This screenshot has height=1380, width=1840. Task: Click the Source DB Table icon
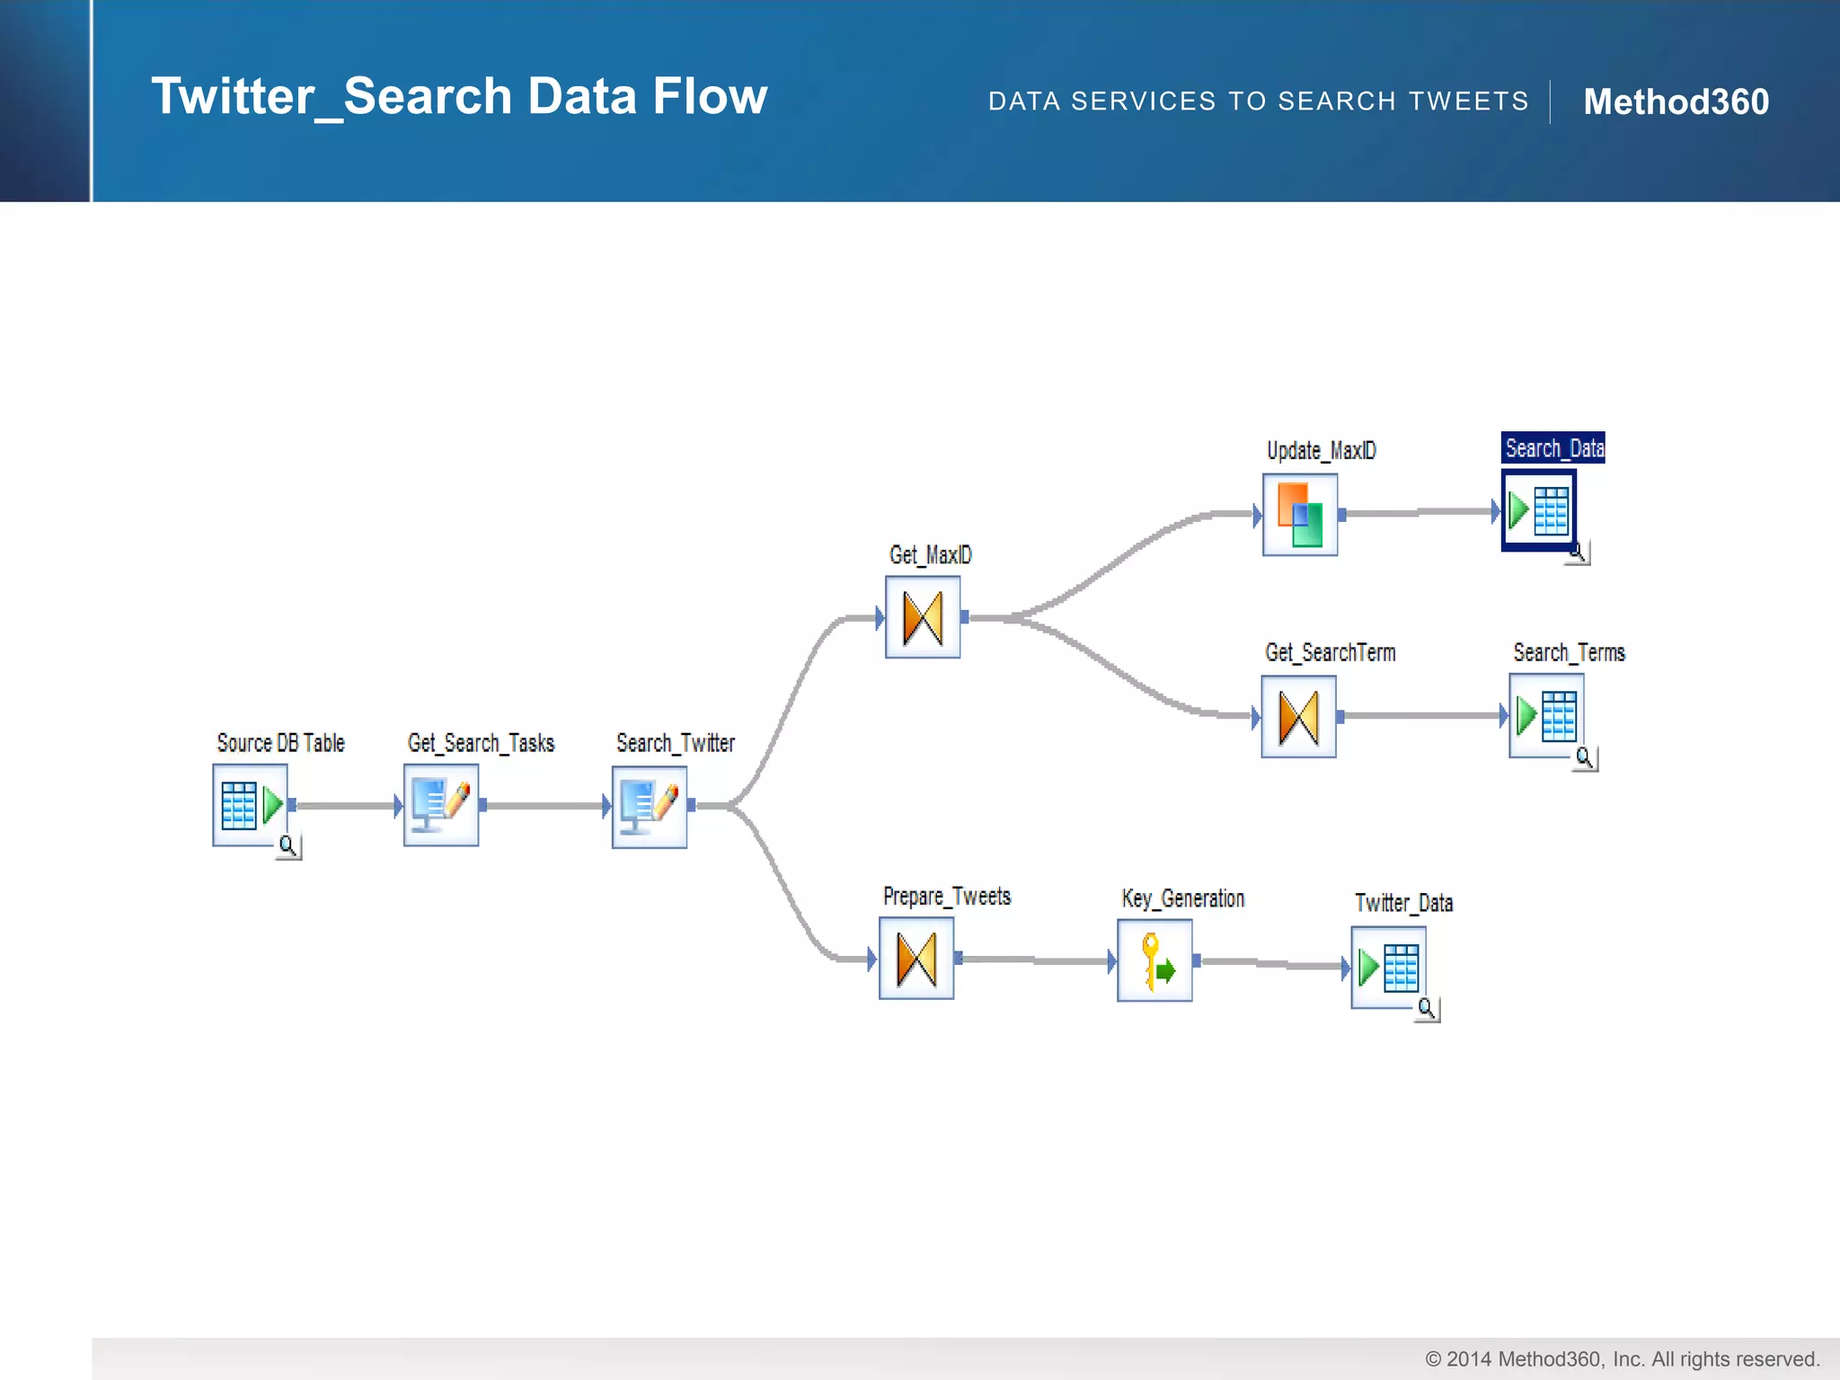(250, 805)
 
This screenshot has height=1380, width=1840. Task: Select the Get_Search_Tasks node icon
(441, 805)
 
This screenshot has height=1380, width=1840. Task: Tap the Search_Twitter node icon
(650, 807)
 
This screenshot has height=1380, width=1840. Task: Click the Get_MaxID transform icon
(923, 617)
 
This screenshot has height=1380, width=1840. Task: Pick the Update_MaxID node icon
(1300, 515)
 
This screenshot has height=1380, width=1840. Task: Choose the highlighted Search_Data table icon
(1539, 510)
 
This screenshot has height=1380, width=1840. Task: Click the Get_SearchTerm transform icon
(1298, 717)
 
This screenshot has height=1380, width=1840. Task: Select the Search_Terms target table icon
(1546, 715)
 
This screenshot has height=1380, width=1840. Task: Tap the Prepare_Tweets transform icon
(916, 959)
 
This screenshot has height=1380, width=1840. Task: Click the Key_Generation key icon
(1154, 960)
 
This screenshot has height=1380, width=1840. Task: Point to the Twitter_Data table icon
(1388, 967)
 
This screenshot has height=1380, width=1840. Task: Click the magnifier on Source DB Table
(288, 845)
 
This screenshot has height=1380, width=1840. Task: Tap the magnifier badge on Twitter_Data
(1427, 1008)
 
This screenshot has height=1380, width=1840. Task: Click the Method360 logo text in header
(1676, 102)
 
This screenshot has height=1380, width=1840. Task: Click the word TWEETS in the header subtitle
(1469, 102)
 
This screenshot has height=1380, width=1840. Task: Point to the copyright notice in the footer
(1622, 1358)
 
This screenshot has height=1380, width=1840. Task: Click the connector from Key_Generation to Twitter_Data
(1271, 963)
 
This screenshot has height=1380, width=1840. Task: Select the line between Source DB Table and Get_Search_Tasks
(346, 806)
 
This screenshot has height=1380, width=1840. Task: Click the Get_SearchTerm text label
(1330, 652)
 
